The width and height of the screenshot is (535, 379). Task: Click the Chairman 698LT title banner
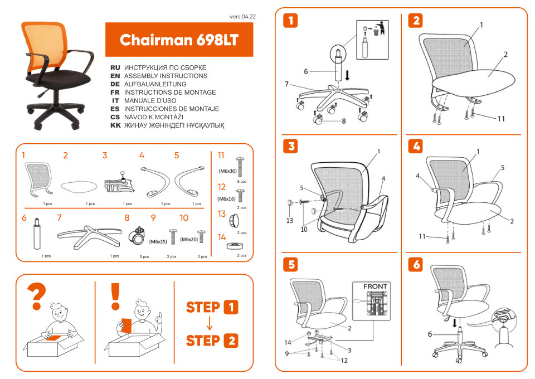[179, 40]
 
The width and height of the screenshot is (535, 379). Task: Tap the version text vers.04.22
[242, 17]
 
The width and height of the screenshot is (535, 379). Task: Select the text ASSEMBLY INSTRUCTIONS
[166, 76]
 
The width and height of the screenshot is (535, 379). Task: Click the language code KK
[115, 126]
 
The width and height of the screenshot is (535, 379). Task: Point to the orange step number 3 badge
[290, 147]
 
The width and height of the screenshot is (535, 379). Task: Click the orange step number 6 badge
[416, 264]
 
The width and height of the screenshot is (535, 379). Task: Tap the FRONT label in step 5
[375, 286]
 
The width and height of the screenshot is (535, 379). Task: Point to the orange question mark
[37, 297]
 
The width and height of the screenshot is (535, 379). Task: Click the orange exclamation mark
[115, 297]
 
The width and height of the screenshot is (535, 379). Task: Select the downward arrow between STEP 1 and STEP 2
[209, 324]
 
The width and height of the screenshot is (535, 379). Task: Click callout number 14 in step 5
[288, 342]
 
